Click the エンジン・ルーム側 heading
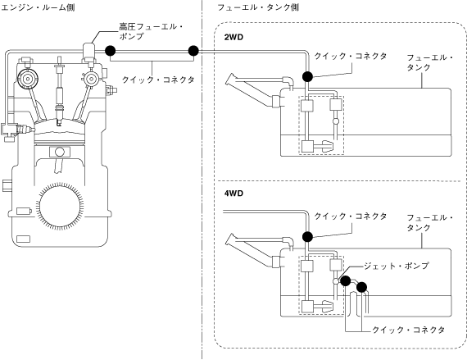point(38,7)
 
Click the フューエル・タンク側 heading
point(258,7)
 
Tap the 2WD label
point(233,37)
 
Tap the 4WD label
point(233,194)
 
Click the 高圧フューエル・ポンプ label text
point(151,31)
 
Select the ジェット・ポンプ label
point(396,266)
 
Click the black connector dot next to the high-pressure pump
point(111,51)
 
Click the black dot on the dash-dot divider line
point(193,51)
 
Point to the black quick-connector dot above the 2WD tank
point(307,76)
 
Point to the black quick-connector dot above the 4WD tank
point(307,237)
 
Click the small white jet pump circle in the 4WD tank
point(336,281)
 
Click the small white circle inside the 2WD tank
point(336,121)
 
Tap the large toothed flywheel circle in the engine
point(60,207)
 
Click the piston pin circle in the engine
point(60,152)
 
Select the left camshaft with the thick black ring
point(27,79)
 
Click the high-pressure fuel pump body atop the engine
point(89,52)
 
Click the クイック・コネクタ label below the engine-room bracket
point(158,80)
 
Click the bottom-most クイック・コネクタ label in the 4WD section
point(408,330)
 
